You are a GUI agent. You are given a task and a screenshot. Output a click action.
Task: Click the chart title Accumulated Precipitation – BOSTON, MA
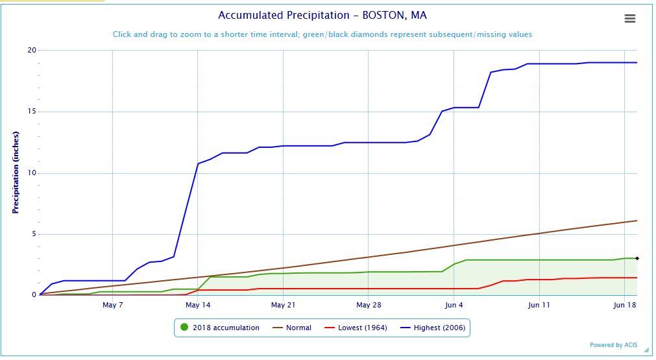(322, 16)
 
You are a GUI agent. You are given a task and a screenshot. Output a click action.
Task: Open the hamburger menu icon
(629, 19)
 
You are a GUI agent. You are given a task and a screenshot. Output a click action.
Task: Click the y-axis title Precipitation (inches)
(16, 173)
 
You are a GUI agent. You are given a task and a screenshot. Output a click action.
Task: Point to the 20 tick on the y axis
(32, 51)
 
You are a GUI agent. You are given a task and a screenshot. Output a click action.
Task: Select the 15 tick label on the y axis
(32, 112)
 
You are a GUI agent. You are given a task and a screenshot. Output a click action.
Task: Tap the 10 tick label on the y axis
(32, 173)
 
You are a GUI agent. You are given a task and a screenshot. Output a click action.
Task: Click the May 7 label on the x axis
(113, 305)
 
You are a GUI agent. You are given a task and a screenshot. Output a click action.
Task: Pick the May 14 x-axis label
(198, 305)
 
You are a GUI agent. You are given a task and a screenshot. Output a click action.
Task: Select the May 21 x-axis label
(283, 305)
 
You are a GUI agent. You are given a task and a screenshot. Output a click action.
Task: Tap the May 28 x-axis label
(368, 305)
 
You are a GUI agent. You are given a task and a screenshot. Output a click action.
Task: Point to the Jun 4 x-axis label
(454, 305)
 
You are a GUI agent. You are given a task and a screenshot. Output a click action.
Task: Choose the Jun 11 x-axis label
(539, 305)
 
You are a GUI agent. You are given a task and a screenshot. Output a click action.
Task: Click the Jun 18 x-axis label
(624, 305)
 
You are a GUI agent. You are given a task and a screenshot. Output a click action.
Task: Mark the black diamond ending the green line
(637, 258)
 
